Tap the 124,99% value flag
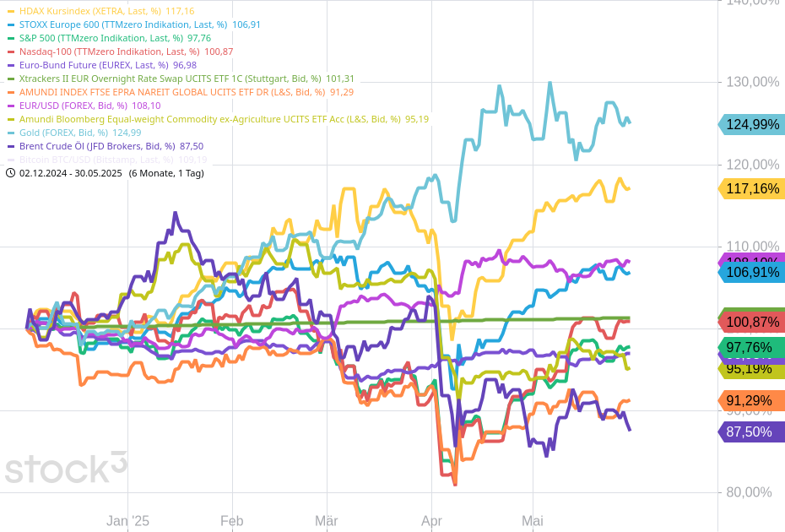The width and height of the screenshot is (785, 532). (751, 124)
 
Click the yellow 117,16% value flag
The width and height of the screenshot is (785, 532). (751, 188)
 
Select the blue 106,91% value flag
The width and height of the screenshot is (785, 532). (751, 272)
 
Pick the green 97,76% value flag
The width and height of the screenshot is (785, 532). (751, 347)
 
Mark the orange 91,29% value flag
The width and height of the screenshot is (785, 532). (751, 400)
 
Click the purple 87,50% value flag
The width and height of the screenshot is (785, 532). (751, 432)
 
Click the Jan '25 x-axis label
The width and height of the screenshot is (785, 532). (127, 521)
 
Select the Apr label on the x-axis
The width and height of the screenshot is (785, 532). (431, 521)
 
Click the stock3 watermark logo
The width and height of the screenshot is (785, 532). (66, 467)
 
